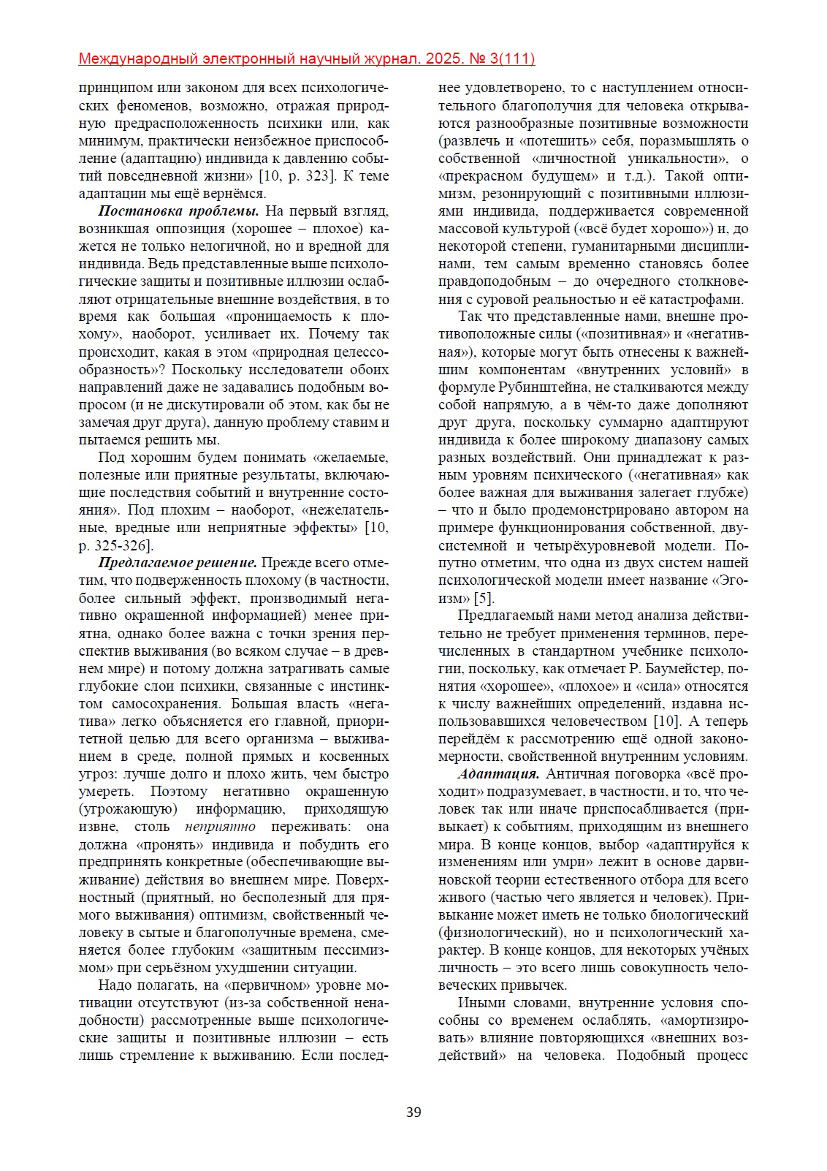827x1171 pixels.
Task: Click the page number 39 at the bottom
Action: tap(413, 1113)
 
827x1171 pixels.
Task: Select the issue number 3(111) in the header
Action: tap(509, 59)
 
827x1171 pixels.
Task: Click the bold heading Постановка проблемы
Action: tap(178, 211)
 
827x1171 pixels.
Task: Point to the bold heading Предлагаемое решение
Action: tap(178, 563)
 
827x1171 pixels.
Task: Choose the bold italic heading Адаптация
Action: tap(499, 774)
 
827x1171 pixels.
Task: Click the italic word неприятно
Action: tap(220, 827)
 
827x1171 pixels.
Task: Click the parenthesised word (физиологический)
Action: tap(503, 933)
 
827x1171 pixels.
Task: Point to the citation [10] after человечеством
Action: tap(666, 721)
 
